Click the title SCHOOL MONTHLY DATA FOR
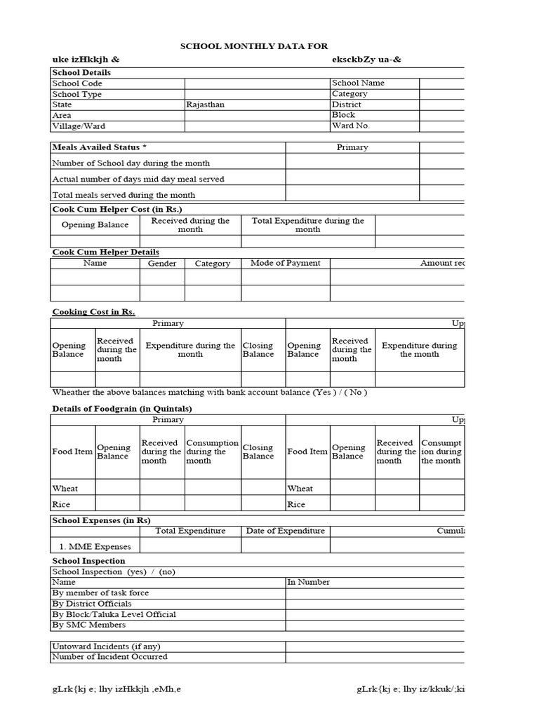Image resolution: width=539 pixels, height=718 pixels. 255,46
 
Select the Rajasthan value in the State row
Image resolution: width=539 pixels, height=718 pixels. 206,104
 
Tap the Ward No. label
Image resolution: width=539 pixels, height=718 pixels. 351,126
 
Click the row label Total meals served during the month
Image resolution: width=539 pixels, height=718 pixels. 124,195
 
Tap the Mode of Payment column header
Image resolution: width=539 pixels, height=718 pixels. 285,263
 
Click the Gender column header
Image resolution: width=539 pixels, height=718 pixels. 162,264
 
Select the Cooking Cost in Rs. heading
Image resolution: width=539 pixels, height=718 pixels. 94,312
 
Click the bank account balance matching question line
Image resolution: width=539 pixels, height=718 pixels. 209,393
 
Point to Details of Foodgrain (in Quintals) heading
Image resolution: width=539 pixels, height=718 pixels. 122,409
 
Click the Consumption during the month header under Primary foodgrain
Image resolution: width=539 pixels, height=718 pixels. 213,452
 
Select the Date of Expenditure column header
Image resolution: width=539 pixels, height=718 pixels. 285,531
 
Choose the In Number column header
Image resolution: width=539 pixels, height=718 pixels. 309,582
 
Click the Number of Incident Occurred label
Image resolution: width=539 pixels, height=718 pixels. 110,657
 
